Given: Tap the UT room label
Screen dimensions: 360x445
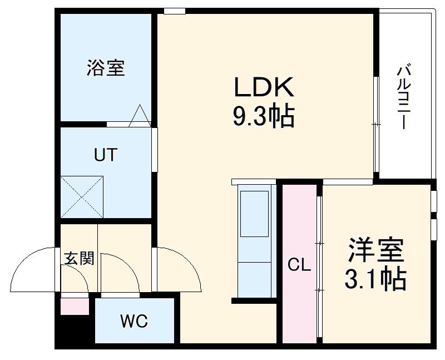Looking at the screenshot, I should pos(105,154).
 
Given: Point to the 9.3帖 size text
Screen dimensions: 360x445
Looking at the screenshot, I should pos(263,117).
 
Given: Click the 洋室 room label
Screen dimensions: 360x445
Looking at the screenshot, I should pos(376,251).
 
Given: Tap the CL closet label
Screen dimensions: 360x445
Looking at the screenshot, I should pos(299,265).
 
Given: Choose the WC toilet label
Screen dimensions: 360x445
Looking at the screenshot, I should pos(134,322).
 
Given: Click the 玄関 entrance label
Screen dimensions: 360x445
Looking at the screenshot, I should pos(79,258).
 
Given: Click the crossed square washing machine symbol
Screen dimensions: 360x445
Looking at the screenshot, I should pos(82,197).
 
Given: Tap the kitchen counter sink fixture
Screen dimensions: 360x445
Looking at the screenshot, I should pos(254,212).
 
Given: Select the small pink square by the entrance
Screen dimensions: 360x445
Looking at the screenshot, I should pos(74,307).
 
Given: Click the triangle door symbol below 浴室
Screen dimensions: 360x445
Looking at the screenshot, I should pos(140,115).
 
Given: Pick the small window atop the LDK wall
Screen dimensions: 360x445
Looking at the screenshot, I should pos(175,11).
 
